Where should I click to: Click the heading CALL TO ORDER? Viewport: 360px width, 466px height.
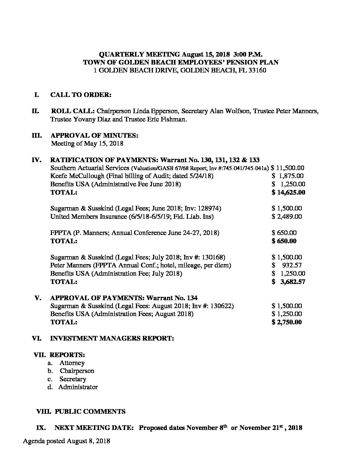[81, 95]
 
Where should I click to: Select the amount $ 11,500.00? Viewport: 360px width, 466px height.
[288, 168]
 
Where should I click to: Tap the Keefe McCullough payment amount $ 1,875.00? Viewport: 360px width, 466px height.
[288, 176]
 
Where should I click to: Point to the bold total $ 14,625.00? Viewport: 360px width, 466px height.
[288, 192]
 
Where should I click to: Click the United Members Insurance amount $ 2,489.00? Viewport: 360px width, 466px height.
[287, 216]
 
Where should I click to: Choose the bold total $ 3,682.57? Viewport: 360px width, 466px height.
[288, 282]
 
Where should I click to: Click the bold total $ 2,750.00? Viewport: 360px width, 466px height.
[287, 322]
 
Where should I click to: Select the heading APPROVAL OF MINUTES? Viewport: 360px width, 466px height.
[94, 135]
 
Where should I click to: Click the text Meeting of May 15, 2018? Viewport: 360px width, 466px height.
[87, 144]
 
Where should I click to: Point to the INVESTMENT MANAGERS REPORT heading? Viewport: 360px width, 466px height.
[112, 338]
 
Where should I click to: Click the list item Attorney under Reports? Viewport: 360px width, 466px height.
[72, 363]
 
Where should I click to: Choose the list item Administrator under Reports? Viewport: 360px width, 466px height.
[78, 387]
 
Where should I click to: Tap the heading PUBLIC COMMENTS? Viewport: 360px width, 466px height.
[90, 411]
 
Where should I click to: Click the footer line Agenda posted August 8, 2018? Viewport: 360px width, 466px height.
[67, 441]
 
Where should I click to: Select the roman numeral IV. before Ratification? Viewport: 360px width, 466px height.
[36, 160]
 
